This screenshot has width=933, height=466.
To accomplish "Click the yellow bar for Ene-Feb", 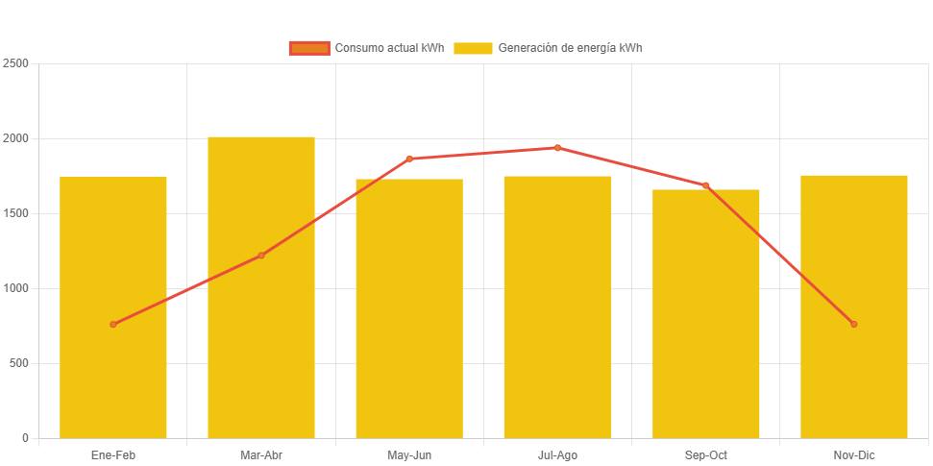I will (x=113, y=384).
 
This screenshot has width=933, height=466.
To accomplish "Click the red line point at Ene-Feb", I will (x=113, y=325).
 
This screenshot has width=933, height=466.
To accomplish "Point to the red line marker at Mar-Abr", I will (x=261, y=256).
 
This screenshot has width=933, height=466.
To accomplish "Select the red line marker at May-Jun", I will (x=409, y=159).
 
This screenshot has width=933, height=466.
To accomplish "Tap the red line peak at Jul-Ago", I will (x=557, y=148).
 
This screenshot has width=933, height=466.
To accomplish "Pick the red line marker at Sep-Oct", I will (x=705, y=185).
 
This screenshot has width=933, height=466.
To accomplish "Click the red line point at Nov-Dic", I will (x=853, y=324).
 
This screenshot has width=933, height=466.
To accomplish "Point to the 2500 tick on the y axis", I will (x=16, y=63).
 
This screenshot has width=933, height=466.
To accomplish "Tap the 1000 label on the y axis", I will (x=16, y=288).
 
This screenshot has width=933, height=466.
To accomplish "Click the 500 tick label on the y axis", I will (x=19, y=363).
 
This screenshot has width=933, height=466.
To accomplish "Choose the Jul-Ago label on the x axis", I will (x=557, y=455).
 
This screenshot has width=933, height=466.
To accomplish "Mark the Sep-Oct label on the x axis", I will (x=705, y=455).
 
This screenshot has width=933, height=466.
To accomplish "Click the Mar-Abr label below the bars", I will (x=261, y=455).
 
